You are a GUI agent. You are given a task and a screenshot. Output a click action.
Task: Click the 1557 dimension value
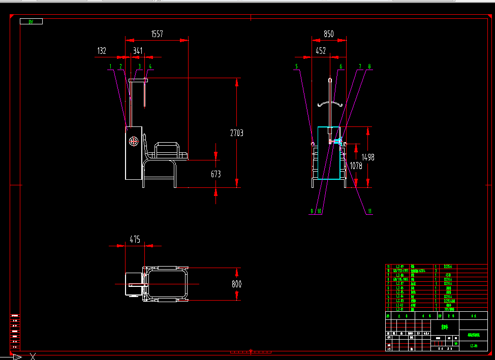click(x=157, y=34)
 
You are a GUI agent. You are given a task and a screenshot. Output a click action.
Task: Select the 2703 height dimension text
click(x=236, y=133)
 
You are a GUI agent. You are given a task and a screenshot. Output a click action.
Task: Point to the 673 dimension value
click(x=216, y=174)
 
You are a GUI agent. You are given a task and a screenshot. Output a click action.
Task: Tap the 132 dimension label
click(x=102, y=51)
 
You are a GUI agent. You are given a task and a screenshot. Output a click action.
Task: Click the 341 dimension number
click(x=138, y=51)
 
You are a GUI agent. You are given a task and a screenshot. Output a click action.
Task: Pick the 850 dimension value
click(x=329, y=34)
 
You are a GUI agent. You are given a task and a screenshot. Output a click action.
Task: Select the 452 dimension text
click(x=321, y=51)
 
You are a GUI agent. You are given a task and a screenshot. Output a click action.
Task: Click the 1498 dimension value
click(x=368, y=157)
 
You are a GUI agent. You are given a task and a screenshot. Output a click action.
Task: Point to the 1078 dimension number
click(x=356, y=166)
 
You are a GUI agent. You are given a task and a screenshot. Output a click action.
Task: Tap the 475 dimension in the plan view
click(x=135, y=240)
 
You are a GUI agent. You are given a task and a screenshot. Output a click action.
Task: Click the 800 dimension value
click(x=236, y=284)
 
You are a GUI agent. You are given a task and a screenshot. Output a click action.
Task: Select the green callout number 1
click(x=110, y=67)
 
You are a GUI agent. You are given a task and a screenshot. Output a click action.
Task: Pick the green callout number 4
click(x=150, y=67)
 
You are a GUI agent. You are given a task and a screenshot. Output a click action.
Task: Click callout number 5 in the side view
click(x=296, y=67)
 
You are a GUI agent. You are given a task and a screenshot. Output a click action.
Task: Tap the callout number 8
click(x=369, y=67)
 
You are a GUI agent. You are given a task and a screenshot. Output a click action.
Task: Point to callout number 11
click(x=369, y=211)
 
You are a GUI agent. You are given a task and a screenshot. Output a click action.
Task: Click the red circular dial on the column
click(x=134, y=141)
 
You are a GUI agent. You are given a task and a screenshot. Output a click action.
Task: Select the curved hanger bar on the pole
click(x=330, y=105)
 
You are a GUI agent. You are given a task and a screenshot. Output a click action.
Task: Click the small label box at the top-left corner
click(x=31, y=21)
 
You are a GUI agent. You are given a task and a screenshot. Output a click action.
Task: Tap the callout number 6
click(x=341, y=67)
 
